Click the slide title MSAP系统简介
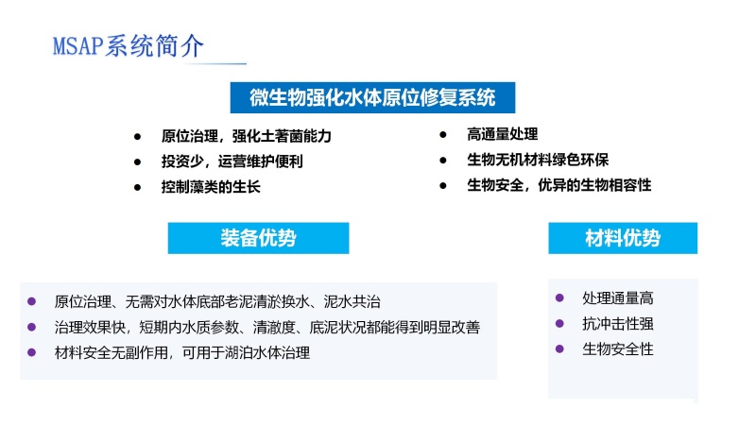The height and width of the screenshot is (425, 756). click(129, 46)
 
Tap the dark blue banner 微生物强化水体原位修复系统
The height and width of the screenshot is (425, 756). click(372, 98)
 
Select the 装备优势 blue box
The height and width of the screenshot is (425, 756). click(258, 238)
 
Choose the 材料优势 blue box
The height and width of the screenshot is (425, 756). click(623, 238)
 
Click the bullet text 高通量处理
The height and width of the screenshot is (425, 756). click(503, 134)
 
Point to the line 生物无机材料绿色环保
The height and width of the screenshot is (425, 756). click(538, 160)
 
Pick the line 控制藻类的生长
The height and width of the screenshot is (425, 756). click(211, 186)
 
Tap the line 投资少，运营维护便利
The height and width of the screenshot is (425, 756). click(232, 161)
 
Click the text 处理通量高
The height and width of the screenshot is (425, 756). click(618, 297)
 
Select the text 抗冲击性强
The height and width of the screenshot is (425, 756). click(618, 323)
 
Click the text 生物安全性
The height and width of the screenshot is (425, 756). click(618, 348)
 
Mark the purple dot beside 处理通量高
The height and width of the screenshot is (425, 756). click(559, 297)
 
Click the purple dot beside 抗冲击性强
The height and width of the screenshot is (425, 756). click(559, 323)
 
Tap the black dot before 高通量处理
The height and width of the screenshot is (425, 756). click(443, 134)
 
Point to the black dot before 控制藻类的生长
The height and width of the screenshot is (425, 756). click(137, 187)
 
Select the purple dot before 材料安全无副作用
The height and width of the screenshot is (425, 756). click(32, 352)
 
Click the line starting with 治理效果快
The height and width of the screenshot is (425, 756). click(267, 327)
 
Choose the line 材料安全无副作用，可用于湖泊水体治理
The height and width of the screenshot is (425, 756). click(181, 352)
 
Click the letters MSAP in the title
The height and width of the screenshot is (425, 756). click(77, 46)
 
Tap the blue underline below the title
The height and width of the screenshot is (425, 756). click(215, 63)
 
